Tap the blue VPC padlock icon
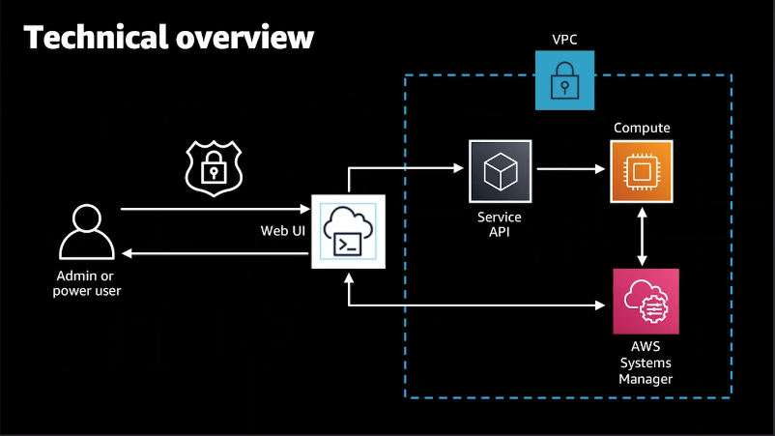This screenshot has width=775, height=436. [x=564, y=80]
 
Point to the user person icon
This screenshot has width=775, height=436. [x=86, y=232]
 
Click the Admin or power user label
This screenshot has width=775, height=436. [x=87, y=283]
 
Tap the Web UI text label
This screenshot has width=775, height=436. [x=283, y=231]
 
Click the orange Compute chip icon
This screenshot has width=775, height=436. [x=642, y=171]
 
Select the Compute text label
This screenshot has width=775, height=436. [x=642, y=128]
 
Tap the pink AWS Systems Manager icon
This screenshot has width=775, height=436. [x=646, y=302]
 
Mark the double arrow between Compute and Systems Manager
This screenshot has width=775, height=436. [x=642, y=236]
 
